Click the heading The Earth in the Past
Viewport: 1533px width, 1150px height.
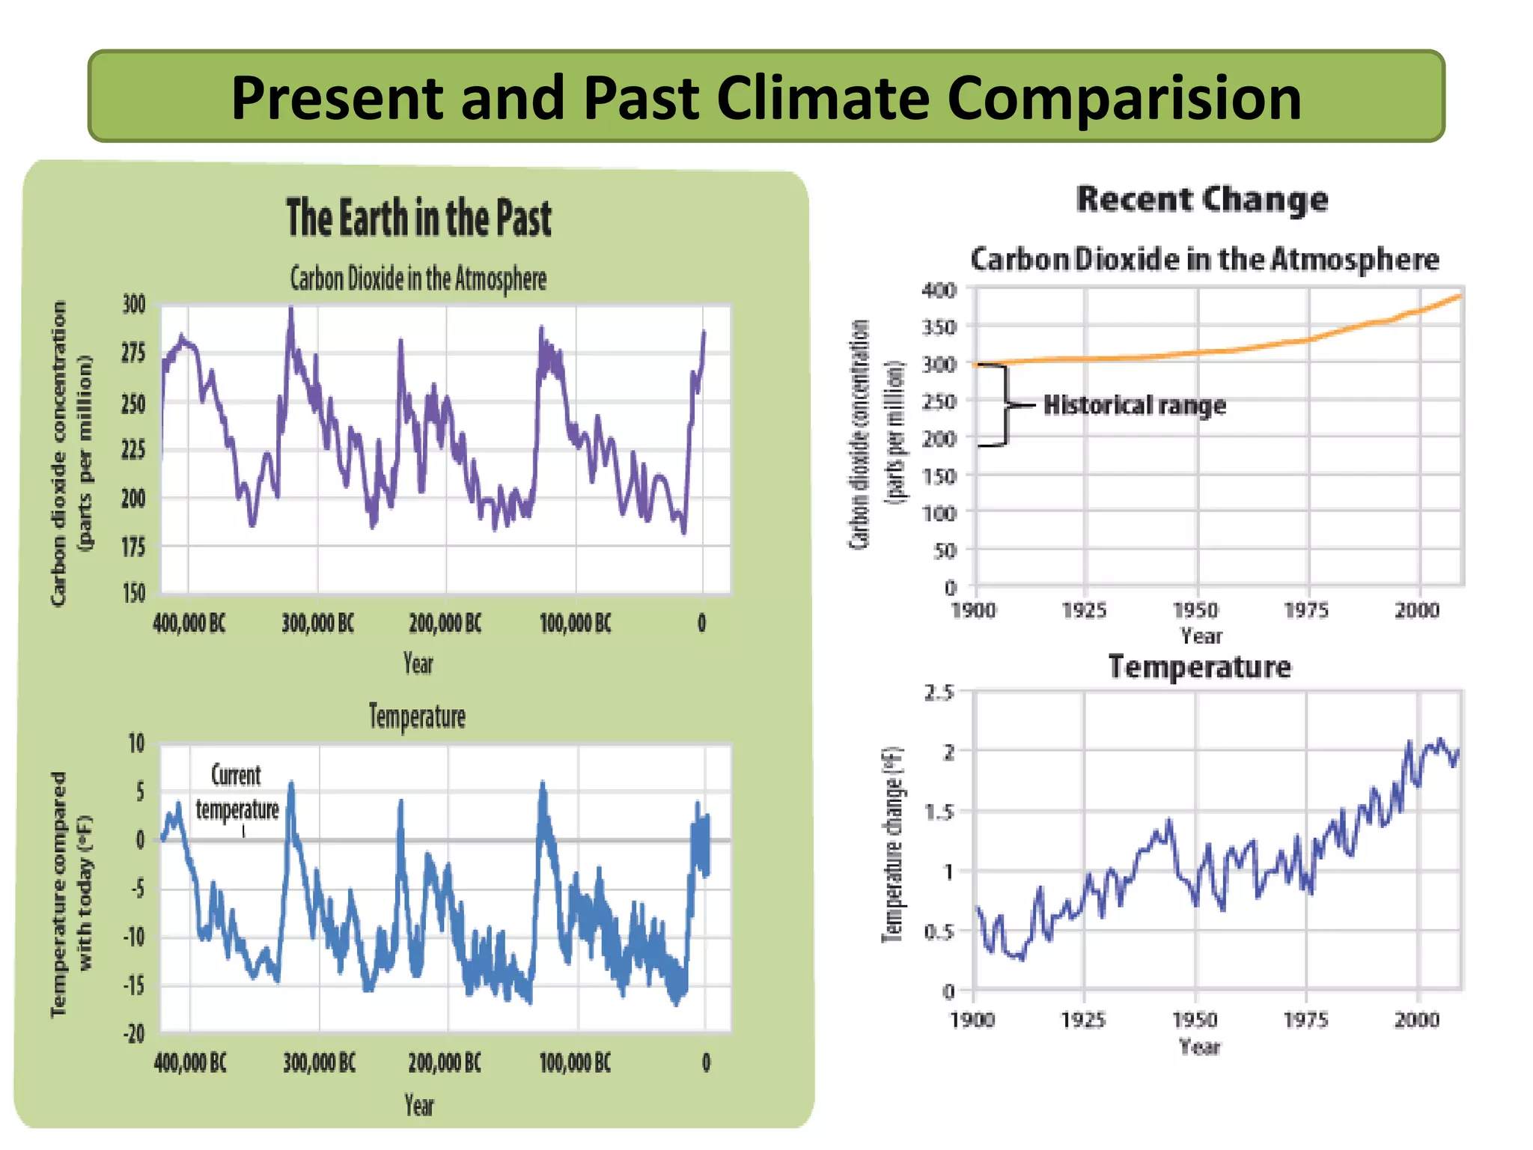coord(418,218)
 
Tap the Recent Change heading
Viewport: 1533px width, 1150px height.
coord(1201,199)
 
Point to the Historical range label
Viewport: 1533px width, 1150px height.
coord(1135,405)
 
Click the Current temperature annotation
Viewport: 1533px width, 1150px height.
coord(237,793)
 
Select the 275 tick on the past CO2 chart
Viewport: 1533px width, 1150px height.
coord(133,353)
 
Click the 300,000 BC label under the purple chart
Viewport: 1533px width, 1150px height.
coord(317,623)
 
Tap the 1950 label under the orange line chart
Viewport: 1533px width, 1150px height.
coord(1195,610)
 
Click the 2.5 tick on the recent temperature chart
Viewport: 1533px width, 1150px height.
coord(939,693)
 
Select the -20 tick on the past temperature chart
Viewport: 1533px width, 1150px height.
coord(133,1034)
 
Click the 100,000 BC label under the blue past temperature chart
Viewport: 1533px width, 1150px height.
coord(575,1062)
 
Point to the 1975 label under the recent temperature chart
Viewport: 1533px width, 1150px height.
coord(1305,1020)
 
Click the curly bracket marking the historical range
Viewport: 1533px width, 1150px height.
coord(1005,405)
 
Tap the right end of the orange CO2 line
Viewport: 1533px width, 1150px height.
coord(1460,296)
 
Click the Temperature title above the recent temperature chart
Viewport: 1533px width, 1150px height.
coord(1199,667)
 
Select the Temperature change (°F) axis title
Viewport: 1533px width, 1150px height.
coord(892,844)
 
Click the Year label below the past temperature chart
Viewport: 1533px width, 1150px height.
coord(418,1105)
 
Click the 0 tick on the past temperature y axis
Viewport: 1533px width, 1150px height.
coord(139,840)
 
